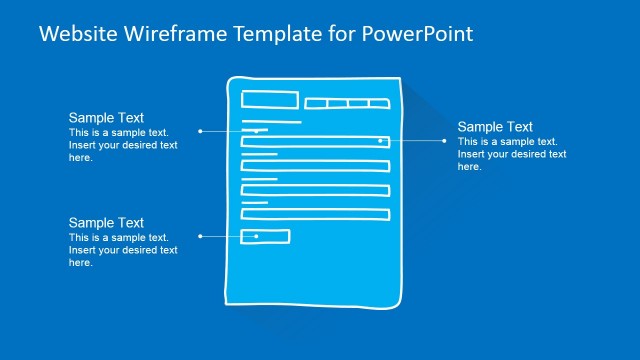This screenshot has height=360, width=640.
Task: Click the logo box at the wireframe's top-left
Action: [270, 100]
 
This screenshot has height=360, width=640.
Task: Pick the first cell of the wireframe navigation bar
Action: [315, 103]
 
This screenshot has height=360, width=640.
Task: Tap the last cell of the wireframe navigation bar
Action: [379, 103]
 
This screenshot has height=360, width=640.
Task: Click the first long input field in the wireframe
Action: [314, 142]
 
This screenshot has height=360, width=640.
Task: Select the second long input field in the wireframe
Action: [314, 166]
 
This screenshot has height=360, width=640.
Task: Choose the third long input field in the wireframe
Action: [314, 189]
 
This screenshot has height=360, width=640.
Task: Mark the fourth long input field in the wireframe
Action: [314, 214]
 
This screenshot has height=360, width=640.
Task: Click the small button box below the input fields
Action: [265, 236]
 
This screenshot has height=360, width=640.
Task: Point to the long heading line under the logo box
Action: [271, 122]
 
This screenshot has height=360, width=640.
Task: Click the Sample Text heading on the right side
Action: [495, 127]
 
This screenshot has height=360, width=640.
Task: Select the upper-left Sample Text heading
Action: [106, 118]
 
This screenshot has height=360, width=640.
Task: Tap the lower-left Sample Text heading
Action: [106, 223]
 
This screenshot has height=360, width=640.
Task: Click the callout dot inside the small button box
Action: [257, 236]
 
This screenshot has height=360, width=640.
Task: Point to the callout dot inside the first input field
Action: [380, 141]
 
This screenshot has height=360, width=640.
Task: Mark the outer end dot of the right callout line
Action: [445, 141]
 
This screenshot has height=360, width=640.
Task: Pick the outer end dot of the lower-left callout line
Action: [201, 236]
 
